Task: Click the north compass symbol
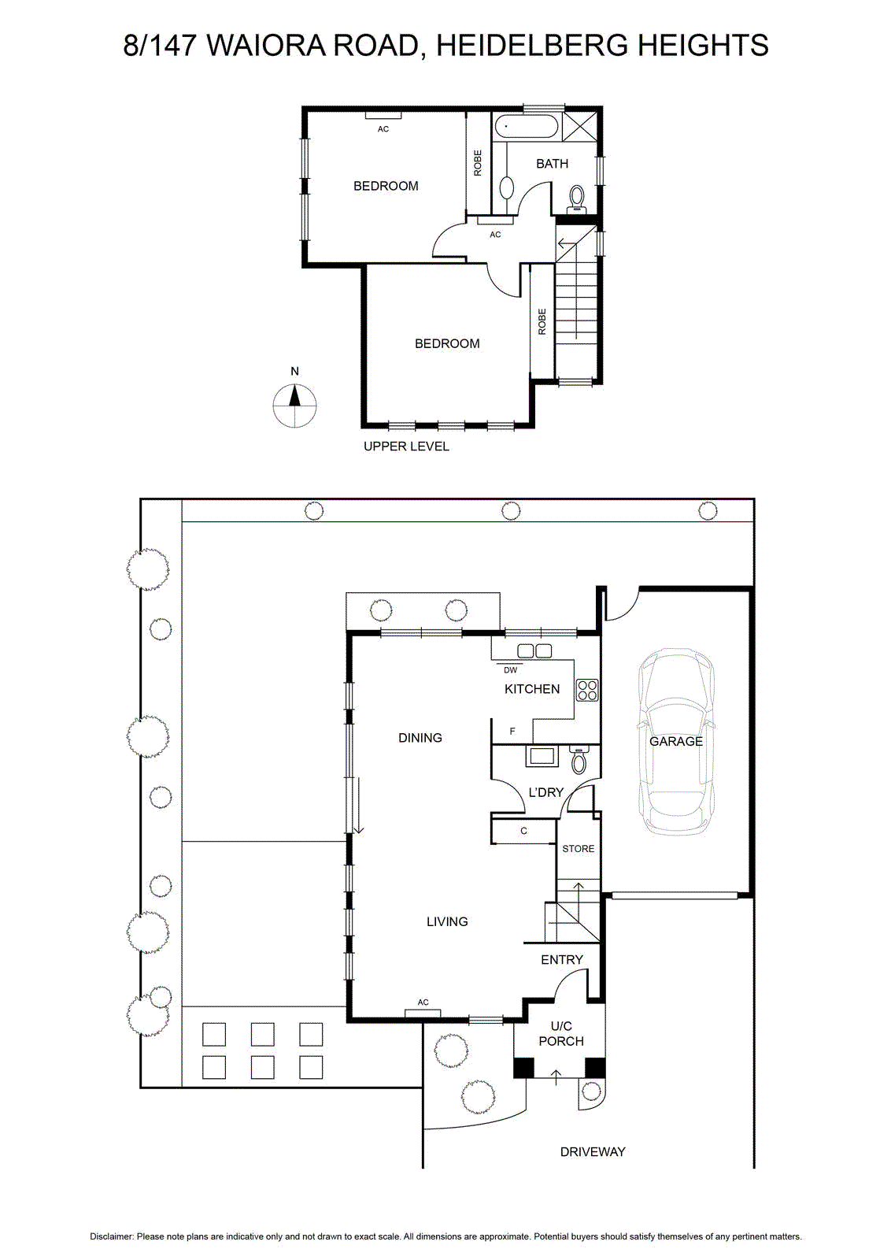294,405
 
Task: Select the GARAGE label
675,741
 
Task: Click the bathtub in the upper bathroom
527,127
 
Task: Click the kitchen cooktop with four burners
587,690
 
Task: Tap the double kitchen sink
534,650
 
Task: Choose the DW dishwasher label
510,670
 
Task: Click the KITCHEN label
532,689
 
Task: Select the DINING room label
420,737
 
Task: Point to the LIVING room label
447,921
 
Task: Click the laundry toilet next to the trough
578,759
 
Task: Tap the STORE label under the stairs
578,849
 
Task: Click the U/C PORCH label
561,1033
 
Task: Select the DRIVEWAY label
593,1151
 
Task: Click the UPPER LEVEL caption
406,446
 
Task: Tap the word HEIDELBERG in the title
531,45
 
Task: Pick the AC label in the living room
423,1002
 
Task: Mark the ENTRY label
561,959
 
